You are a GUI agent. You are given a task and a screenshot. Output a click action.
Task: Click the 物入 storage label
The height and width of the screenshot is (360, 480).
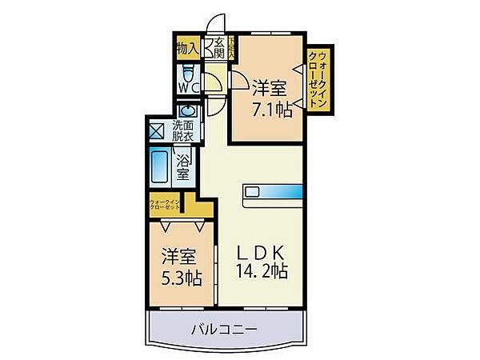tap(186, 48)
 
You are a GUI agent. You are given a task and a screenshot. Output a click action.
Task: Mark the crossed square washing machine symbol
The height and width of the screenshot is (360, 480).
tap(156, 128)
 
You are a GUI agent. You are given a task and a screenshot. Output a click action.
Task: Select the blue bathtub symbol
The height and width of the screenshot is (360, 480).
tap(160, 166)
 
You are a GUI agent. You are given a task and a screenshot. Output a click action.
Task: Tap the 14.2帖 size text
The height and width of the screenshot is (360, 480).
tap(261, 272)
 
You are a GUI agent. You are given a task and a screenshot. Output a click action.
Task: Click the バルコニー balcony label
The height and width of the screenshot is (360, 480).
tap(224, 328)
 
